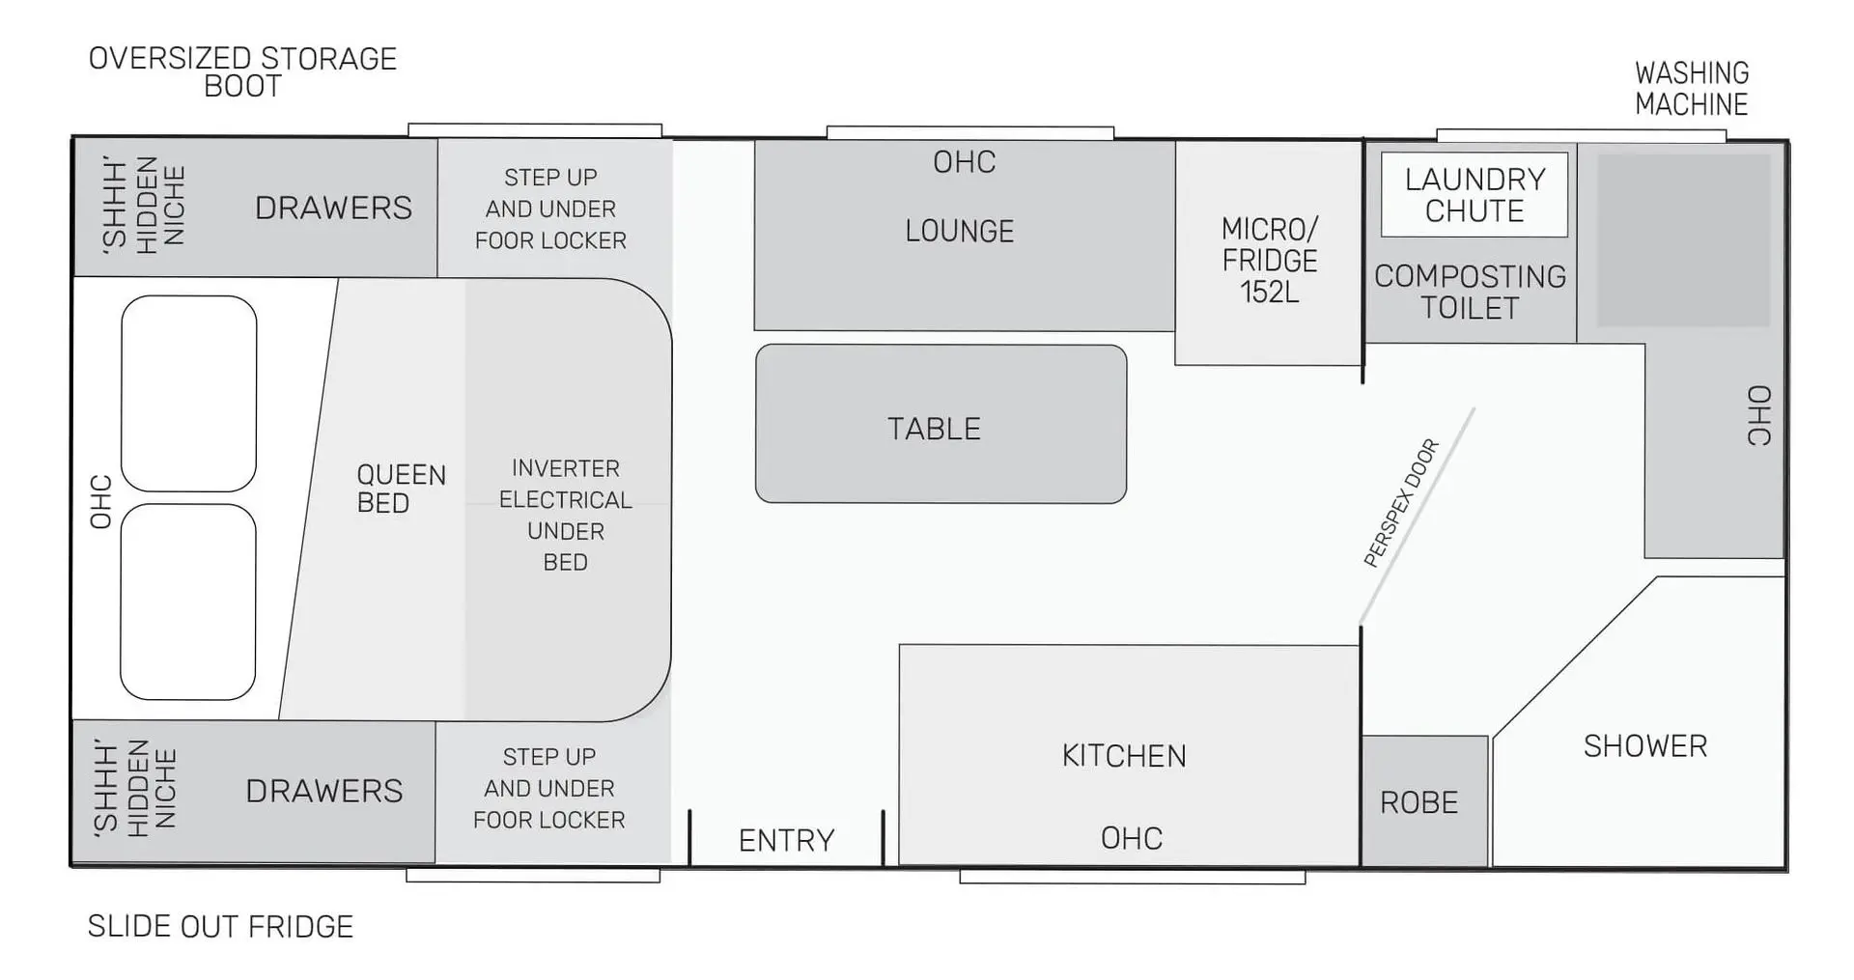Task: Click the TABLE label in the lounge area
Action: (934, 429)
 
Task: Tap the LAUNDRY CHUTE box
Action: (1474, 195)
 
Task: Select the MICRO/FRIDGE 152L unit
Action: (1269, 253)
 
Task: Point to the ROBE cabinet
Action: (1424, 801)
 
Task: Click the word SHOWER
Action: (1645, 746)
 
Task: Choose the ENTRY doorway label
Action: (786, 841)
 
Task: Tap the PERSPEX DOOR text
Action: (1401, 503)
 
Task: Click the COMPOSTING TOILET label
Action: (1470, 293)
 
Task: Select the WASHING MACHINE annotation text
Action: (1692, 89)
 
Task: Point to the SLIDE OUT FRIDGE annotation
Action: (220, 927)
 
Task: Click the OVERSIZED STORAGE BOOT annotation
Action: (242, 72)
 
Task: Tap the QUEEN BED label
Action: (401, 489)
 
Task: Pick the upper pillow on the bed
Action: (189, 394)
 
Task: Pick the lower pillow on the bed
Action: (188, 602)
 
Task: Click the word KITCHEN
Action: (1124, 756)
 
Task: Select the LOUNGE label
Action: (960, 232)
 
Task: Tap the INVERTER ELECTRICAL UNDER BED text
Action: (566, 516)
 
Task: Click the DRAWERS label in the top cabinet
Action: (333, 209)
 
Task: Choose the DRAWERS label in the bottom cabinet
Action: (324, 792)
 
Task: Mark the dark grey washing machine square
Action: (1683, 240)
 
